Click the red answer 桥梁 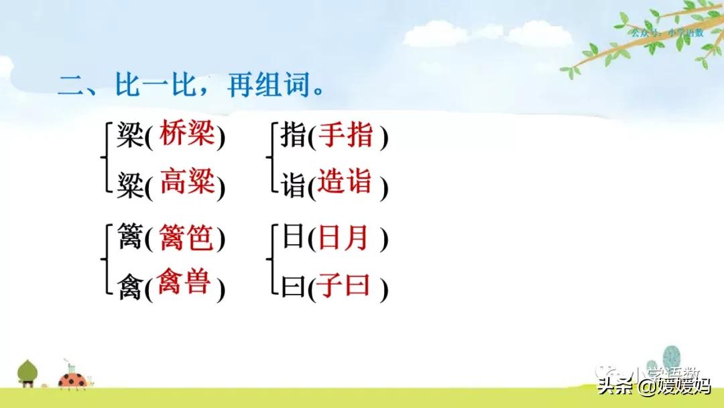(x=187, y=136)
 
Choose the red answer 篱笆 (x=187, y=238)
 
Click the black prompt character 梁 (x=129, y=137)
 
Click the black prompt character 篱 (x=129, y=239)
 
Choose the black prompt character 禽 (x=129, y=287)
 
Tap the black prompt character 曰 (x=292, y=287)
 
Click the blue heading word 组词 (x=285, y=87)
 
